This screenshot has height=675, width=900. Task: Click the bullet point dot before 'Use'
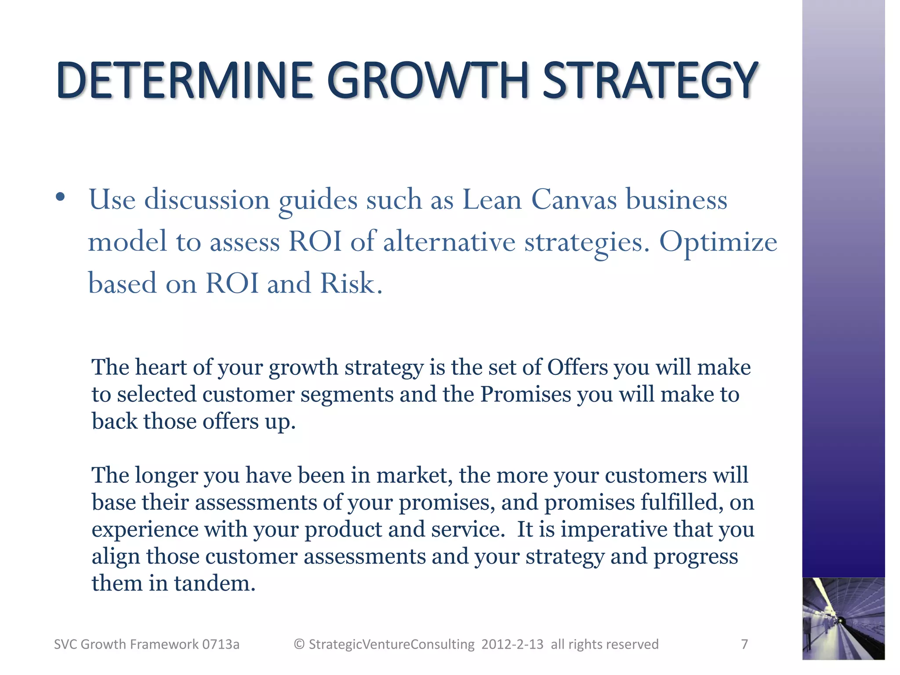click(61, 197)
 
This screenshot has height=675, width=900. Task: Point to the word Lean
click(492, 200)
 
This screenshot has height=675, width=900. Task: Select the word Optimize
click(718, 243)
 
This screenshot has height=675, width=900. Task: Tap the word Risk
click(348, 283)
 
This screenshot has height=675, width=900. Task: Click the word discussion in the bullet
click(207, 200)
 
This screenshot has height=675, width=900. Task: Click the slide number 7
click(744, 644)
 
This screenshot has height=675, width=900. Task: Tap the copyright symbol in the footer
click(299, 644)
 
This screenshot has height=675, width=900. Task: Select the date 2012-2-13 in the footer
click(512, 644)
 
